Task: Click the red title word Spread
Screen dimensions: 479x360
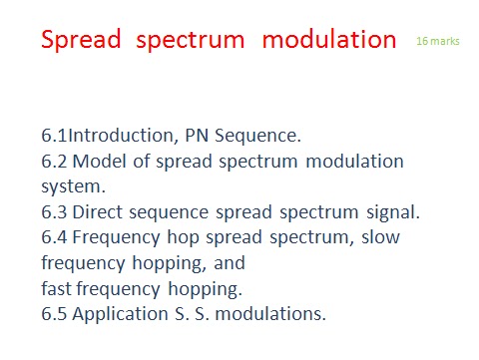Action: pos(81,40)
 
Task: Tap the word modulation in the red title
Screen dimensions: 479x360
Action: pos(329,39)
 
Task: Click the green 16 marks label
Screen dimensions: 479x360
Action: pos(438,41)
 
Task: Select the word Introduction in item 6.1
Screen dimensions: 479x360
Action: pos(121,136)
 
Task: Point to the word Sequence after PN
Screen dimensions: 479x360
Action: pos(257,136)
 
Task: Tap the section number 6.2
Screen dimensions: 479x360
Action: pos(54,162)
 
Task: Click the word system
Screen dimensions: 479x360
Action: pos(73,187)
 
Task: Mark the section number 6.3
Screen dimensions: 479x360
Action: pos(54,212)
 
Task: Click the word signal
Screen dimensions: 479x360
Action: pos(393,212)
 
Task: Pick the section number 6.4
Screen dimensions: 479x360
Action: pos(54,237)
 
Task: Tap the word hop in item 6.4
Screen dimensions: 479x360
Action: pos(183,238)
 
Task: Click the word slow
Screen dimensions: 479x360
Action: pos(380,237)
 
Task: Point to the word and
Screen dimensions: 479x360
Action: pos(230,263)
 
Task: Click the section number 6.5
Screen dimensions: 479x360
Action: pos(54,314)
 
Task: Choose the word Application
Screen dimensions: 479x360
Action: pos(120,314)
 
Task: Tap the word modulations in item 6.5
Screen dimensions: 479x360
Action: pos(270,314)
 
